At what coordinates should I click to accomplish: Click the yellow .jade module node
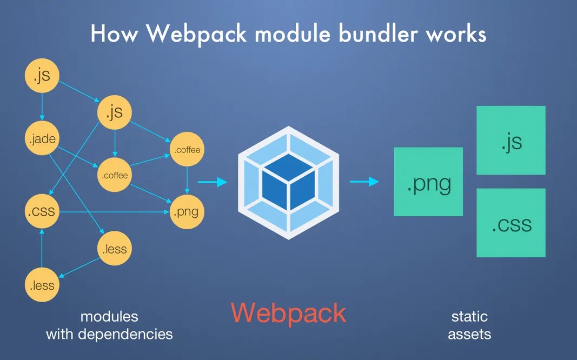click(42, 139)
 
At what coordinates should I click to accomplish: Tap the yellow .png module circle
click(187, 211)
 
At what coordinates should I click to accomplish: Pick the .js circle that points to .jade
click(42, 76)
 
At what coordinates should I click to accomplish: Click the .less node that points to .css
click(42, 284)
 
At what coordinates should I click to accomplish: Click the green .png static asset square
click(428, 182)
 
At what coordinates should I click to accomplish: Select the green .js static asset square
click(510, 140)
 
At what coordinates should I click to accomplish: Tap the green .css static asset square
click(510, 223)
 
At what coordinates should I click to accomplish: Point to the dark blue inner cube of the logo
click(288, 182)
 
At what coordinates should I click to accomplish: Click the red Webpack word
click(288, 313)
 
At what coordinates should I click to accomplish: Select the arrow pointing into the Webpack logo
click(212, 182)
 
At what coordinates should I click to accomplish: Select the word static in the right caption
click(469, 316)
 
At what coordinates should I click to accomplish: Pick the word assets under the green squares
click(469, 334)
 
